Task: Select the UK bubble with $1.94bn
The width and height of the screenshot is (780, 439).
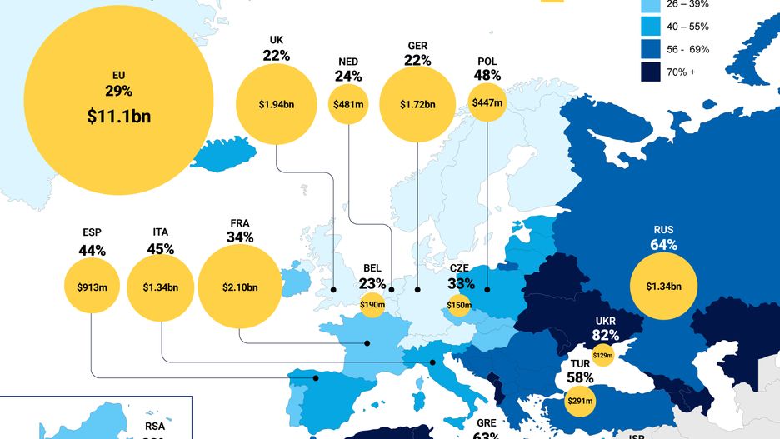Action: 277,105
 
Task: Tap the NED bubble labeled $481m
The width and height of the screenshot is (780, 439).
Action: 348,105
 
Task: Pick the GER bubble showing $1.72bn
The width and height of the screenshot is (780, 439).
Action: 417,105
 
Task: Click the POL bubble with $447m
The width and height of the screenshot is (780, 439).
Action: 487,103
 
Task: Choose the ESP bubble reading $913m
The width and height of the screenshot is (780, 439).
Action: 92,287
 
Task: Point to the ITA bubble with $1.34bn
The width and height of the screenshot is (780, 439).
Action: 161,287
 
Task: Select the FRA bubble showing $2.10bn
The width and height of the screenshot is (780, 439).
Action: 240,287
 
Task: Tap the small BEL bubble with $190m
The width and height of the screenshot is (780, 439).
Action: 372,305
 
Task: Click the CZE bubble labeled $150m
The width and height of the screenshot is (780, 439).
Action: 459,305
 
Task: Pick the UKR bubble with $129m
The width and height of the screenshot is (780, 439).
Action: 602,356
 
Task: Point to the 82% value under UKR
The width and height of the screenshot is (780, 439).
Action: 606,336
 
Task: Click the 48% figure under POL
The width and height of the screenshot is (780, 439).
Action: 487,75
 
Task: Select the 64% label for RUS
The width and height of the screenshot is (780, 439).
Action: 664,245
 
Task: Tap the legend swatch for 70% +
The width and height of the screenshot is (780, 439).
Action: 651,72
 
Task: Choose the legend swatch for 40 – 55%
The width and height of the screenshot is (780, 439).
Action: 651,27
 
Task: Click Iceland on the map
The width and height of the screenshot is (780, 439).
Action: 225,155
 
